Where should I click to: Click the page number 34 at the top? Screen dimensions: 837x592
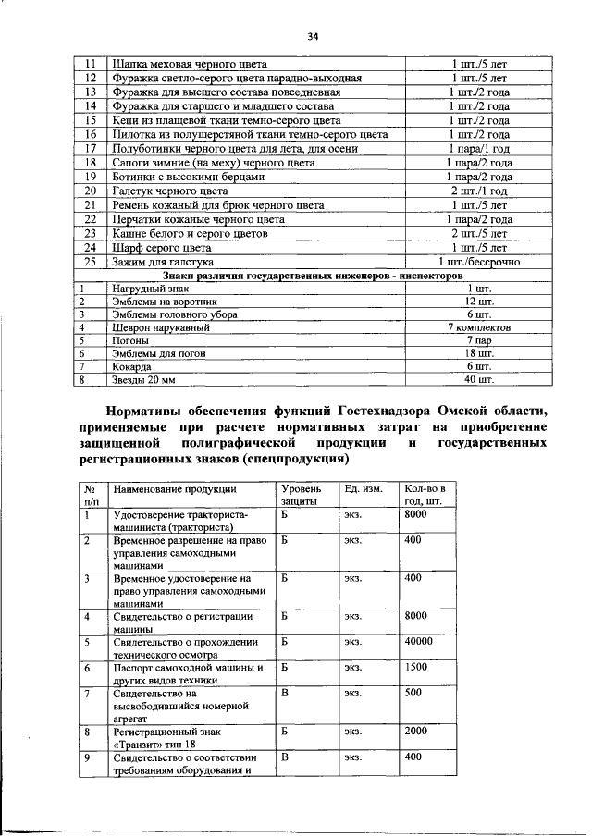pos(313,36)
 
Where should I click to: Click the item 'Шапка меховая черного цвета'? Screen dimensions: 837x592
pos(189,65)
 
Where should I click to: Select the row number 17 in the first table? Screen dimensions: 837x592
pos(91,148)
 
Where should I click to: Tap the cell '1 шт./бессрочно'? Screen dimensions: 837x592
pos(478,262)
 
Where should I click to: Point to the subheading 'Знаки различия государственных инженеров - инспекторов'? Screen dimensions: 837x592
pos(310,276)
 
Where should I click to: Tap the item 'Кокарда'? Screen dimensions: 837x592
pos(133,366)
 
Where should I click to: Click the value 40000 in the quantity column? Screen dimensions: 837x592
pos(419,640)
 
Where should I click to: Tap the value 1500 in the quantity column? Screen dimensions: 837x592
pos(416,666)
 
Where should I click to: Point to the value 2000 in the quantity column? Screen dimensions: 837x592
pos(416,731)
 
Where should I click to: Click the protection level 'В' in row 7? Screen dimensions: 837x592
pos(286,692)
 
